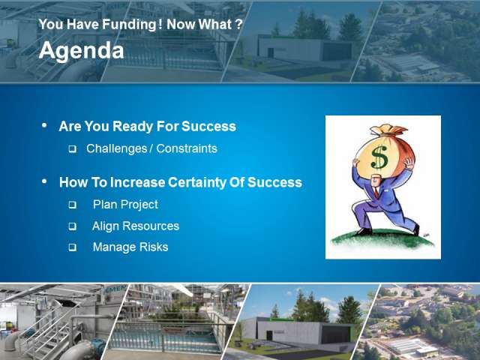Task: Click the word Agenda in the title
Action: [x=82, y=51]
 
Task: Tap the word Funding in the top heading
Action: [x=129, y=25]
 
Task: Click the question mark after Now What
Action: [x=239, y=24]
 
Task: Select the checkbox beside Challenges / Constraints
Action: [x=72, y=149]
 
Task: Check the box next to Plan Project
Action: [x=72, y=205]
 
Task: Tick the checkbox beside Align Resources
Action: [x=72, y=226]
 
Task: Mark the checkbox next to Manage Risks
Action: [x=72, y=247]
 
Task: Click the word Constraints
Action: [x=187, y=148]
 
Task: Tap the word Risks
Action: [x=154, y=247]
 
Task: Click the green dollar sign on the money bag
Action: [x=379, y=157]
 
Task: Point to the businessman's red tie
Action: [x=376, y=192]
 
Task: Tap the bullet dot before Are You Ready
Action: [x=45, y=125]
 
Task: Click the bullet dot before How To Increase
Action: [x=45, y=181]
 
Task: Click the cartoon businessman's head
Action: [x=376, y=181]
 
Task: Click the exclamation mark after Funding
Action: [x=160, y=24]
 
